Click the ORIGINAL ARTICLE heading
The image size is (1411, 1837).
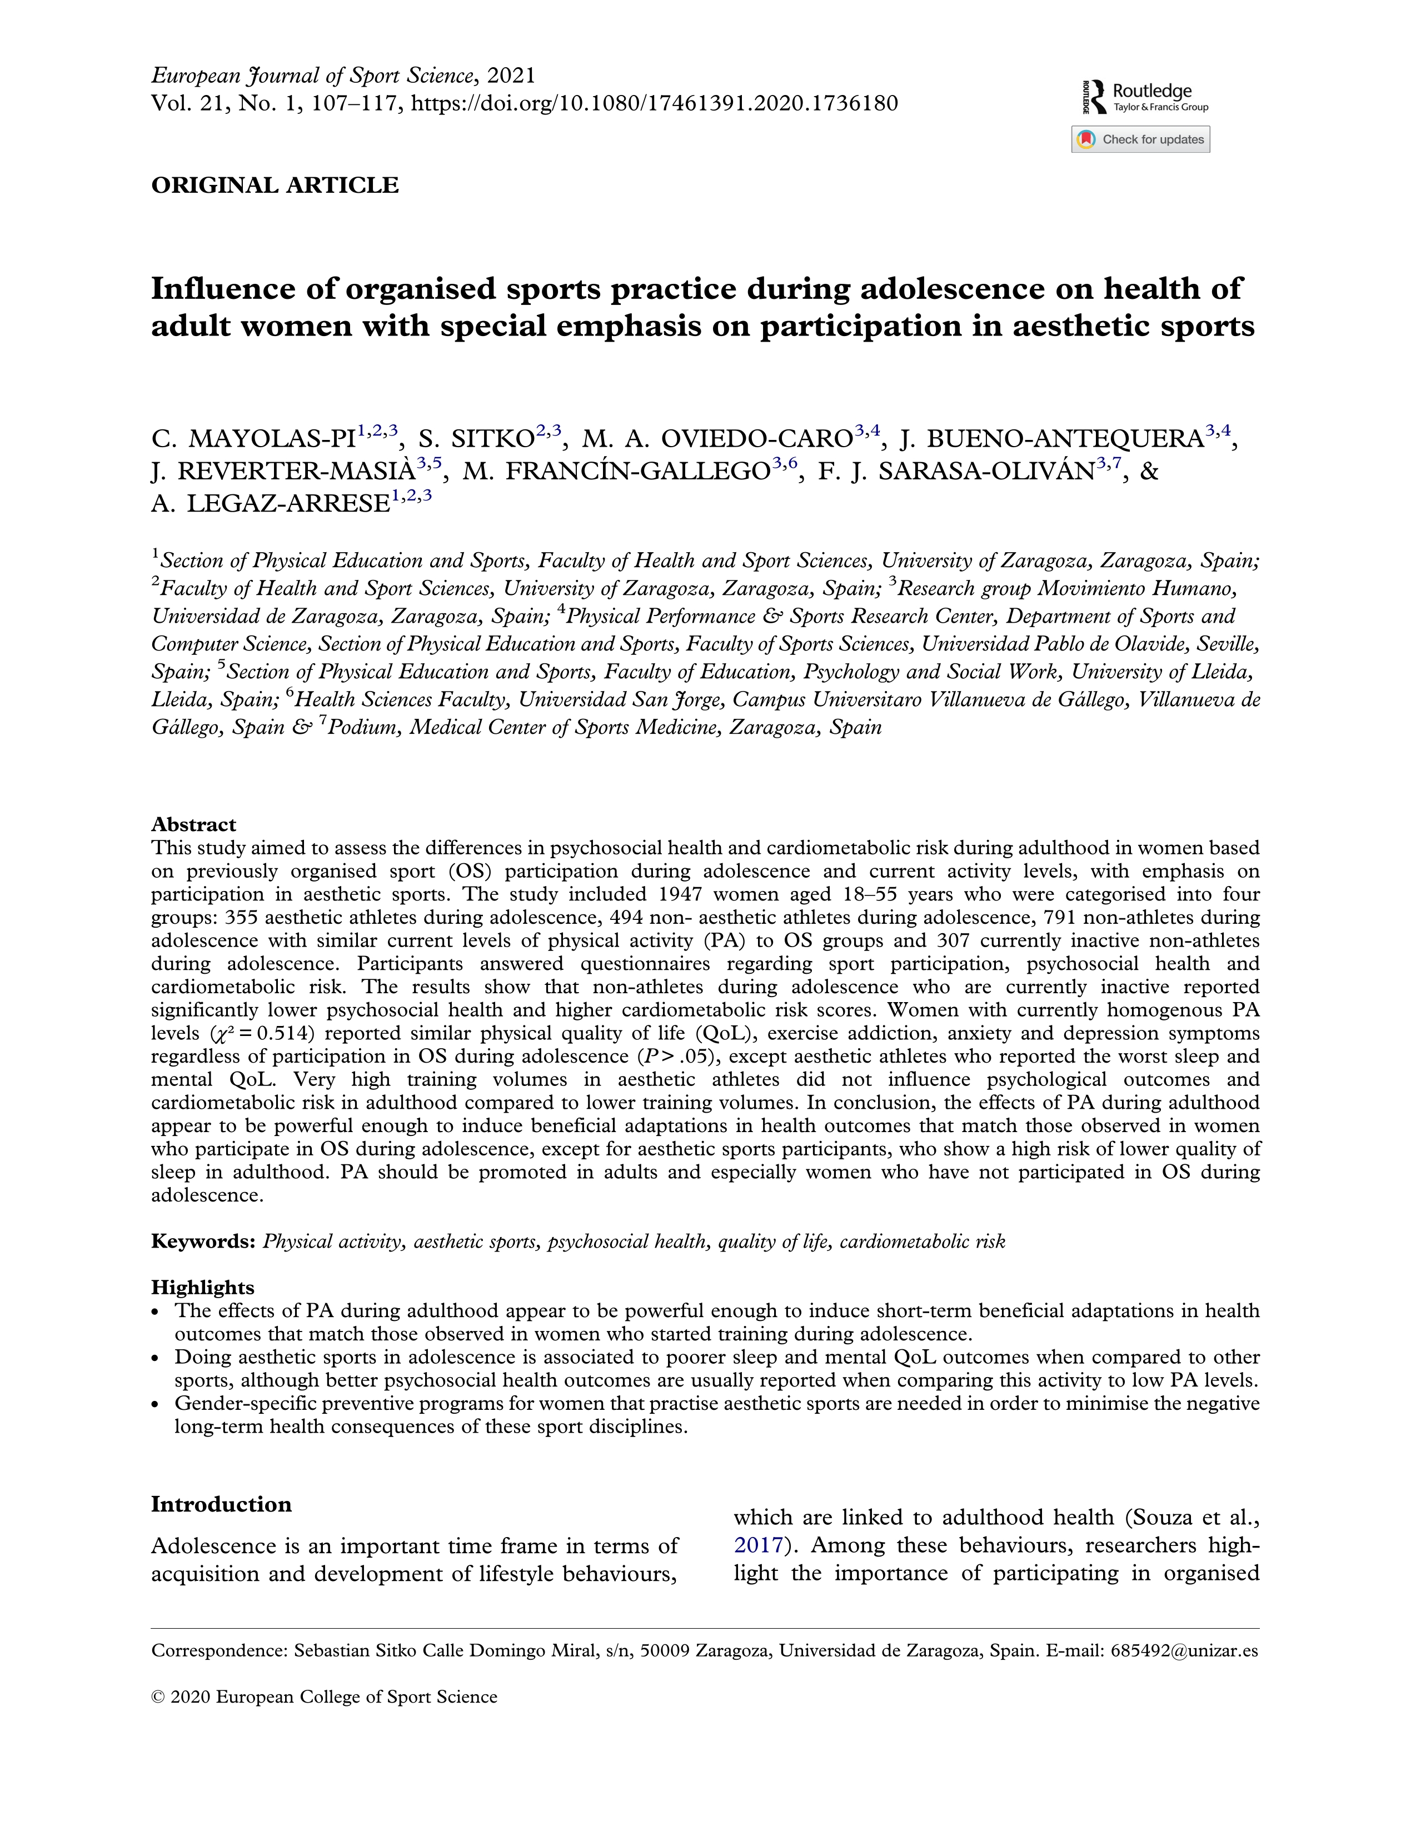click(x=275, y=186)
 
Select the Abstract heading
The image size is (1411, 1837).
click(x=193, y=824)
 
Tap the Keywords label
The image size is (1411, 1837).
click(x=202, y=1242)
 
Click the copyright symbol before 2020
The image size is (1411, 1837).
click(x=157, y=1698)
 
